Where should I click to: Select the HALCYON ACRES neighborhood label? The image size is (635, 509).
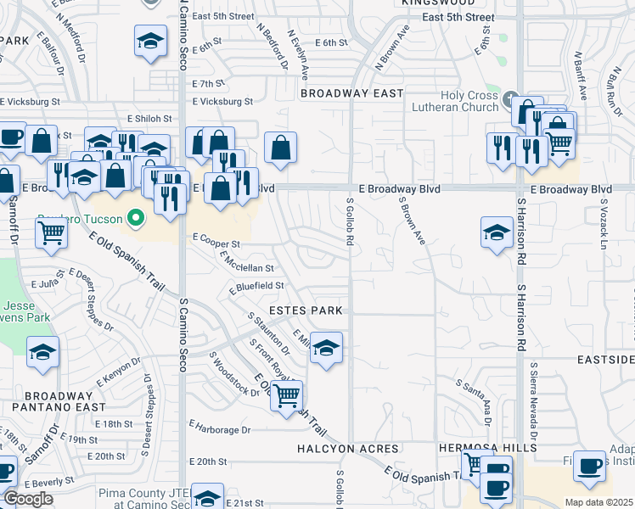tap(348, 448)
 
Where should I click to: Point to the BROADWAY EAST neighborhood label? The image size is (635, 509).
tap(351, 93)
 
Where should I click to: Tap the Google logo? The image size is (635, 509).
tap(27, 499)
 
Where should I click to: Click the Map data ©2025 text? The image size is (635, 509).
tap(598, 502)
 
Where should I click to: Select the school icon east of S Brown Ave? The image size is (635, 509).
tap(497, 232)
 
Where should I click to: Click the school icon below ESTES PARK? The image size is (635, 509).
tap(325, 348)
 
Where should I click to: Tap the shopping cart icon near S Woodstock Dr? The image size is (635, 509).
tap(287, 394)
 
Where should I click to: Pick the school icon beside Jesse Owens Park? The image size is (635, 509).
tap(42, 353)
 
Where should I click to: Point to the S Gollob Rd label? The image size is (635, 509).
tap(349, 222)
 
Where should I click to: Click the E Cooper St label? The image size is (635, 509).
tap(217, 243)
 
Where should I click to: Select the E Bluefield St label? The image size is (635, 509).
tap(257, 287)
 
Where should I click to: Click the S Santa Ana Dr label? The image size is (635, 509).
tap(473, 398)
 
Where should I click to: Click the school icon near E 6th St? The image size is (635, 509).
tap(149, 42)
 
